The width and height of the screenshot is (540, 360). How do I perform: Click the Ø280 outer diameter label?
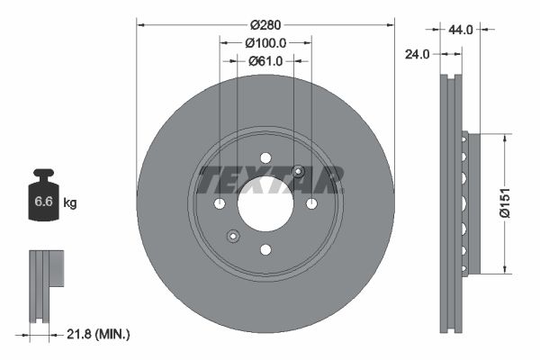point(265,23)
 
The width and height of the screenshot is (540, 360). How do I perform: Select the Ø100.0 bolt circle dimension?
point(265,42)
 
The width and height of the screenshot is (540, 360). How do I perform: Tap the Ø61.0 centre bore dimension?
point(265,61)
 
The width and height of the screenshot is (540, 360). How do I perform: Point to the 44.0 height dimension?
point(461,30)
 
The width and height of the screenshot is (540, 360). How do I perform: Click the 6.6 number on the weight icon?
point(43,202)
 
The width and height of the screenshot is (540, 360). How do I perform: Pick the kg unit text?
point(69,203)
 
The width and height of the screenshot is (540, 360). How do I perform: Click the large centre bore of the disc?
point(265,204)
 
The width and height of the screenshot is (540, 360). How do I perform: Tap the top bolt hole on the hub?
point(265,158)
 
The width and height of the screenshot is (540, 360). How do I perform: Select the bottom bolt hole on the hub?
point(265,249)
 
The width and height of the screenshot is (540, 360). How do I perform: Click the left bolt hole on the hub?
point(220,204)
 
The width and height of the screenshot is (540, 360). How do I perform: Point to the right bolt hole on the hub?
point(311,204)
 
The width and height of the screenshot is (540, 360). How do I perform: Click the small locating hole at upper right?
point(299,172)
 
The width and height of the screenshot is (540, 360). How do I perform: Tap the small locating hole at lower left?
point(232,237)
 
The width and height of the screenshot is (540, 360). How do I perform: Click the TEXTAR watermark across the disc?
point(270,180)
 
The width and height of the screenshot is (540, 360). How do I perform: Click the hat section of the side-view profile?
point(465,203)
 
